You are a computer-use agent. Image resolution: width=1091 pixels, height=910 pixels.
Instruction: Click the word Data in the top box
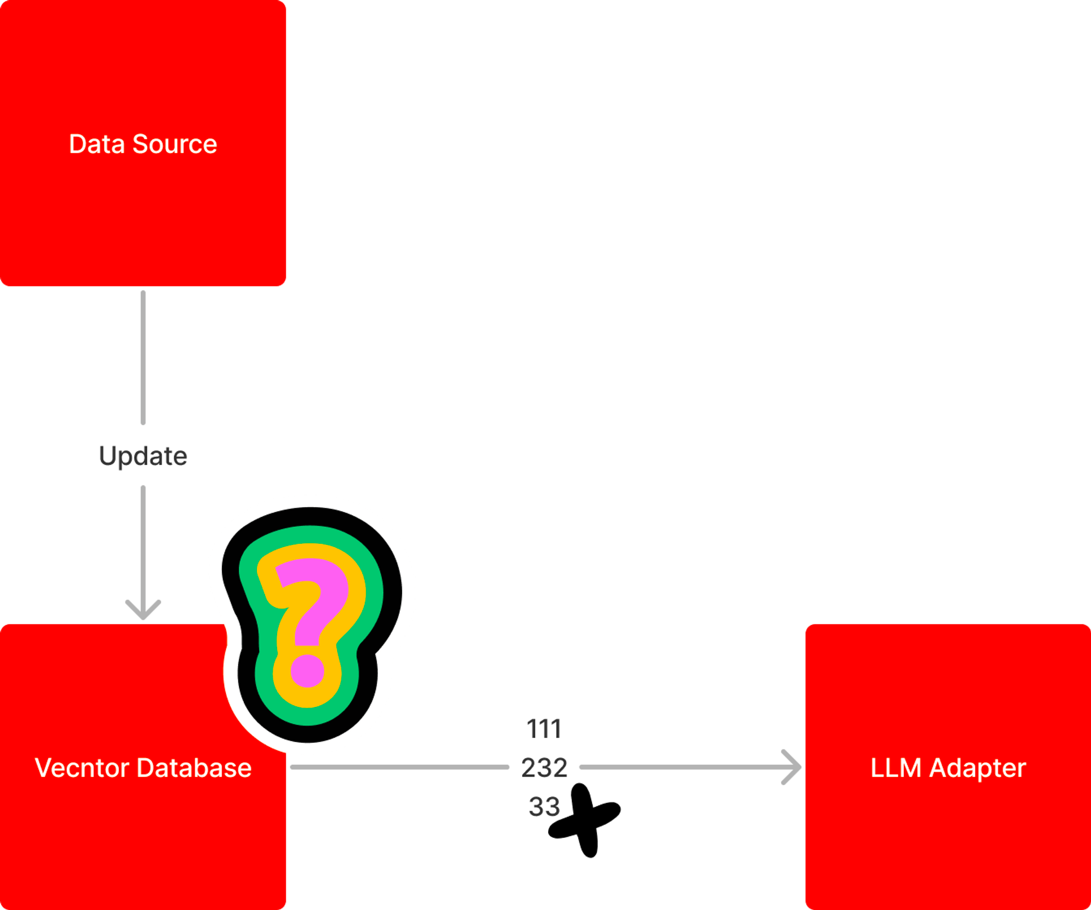tap(97, 144)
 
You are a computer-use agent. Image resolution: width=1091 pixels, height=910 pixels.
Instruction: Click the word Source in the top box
tap(175, 144)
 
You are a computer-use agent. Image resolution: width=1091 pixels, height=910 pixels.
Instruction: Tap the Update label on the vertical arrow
tap(143, 456)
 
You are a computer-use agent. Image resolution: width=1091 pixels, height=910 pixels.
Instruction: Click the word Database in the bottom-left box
tap(194, 768)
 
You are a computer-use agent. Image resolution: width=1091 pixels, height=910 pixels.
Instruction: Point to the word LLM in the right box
tap(895, 768)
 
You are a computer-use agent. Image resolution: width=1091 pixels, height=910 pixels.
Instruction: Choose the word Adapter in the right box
tap(978, 769)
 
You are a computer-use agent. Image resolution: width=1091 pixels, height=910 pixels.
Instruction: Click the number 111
tap(544, 728)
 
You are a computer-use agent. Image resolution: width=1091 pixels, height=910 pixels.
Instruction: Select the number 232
tap(544, 768)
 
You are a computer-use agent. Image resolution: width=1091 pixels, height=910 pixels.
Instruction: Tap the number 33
tap(544, 806)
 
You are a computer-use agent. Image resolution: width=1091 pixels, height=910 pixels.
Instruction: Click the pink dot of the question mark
tap(307, 670)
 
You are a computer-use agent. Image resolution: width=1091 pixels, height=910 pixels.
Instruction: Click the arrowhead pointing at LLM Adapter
tap(792, 767)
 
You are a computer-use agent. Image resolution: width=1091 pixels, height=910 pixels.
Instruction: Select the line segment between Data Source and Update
tap(143, 358)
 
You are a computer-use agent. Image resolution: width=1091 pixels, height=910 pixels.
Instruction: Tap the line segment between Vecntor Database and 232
tap(398, 767)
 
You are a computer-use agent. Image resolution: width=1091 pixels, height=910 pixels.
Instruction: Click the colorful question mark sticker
tap(311, 622)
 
